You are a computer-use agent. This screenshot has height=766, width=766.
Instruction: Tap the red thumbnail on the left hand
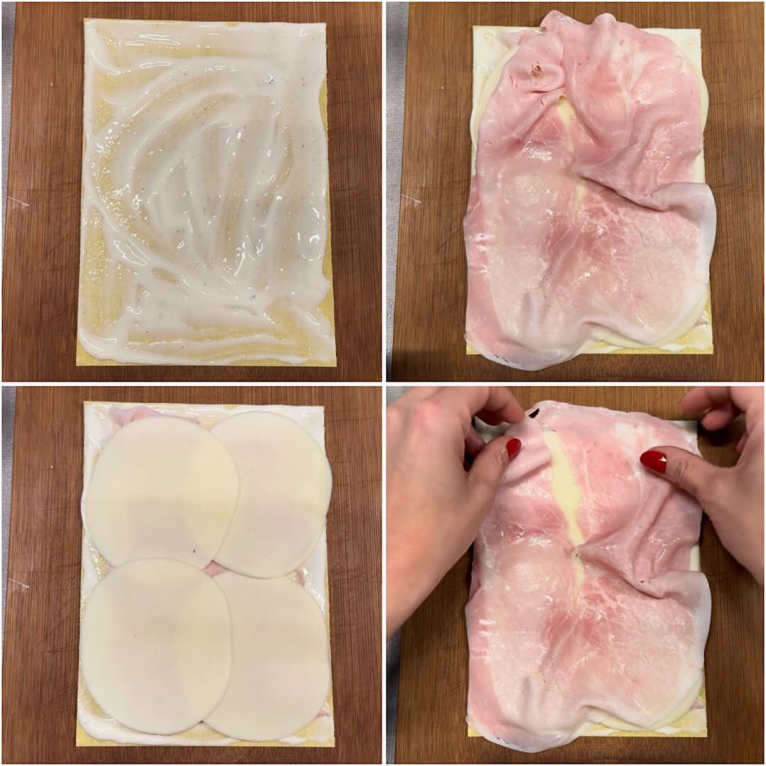point(513,448)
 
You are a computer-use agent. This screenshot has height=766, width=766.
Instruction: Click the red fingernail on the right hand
point(654,461)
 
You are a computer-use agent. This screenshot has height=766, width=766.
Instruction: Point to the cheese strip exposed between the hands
point(566,489)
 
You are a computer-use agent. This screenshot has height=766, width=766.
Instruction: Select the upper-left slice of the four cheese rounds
point(160,489)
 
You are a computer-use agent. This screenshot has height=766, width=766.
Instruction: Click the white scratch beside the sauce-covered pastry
point(18,200)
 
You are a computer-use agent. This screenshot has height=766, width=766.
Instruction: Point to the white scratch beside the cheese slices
point(17,583)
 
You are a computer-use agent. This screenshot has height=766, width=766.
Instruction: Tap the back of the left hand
point(429,519)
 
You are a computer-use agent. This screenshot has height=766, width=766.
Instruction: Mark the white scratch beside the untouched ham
point(409,198)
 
